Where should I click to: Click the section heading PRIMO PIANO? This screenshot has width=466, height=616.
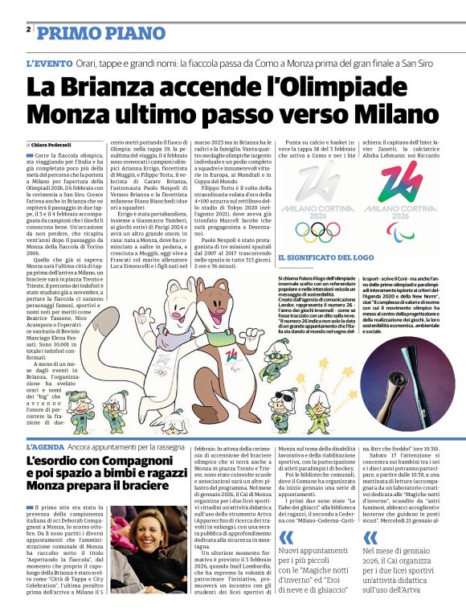tap(81, 33)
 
